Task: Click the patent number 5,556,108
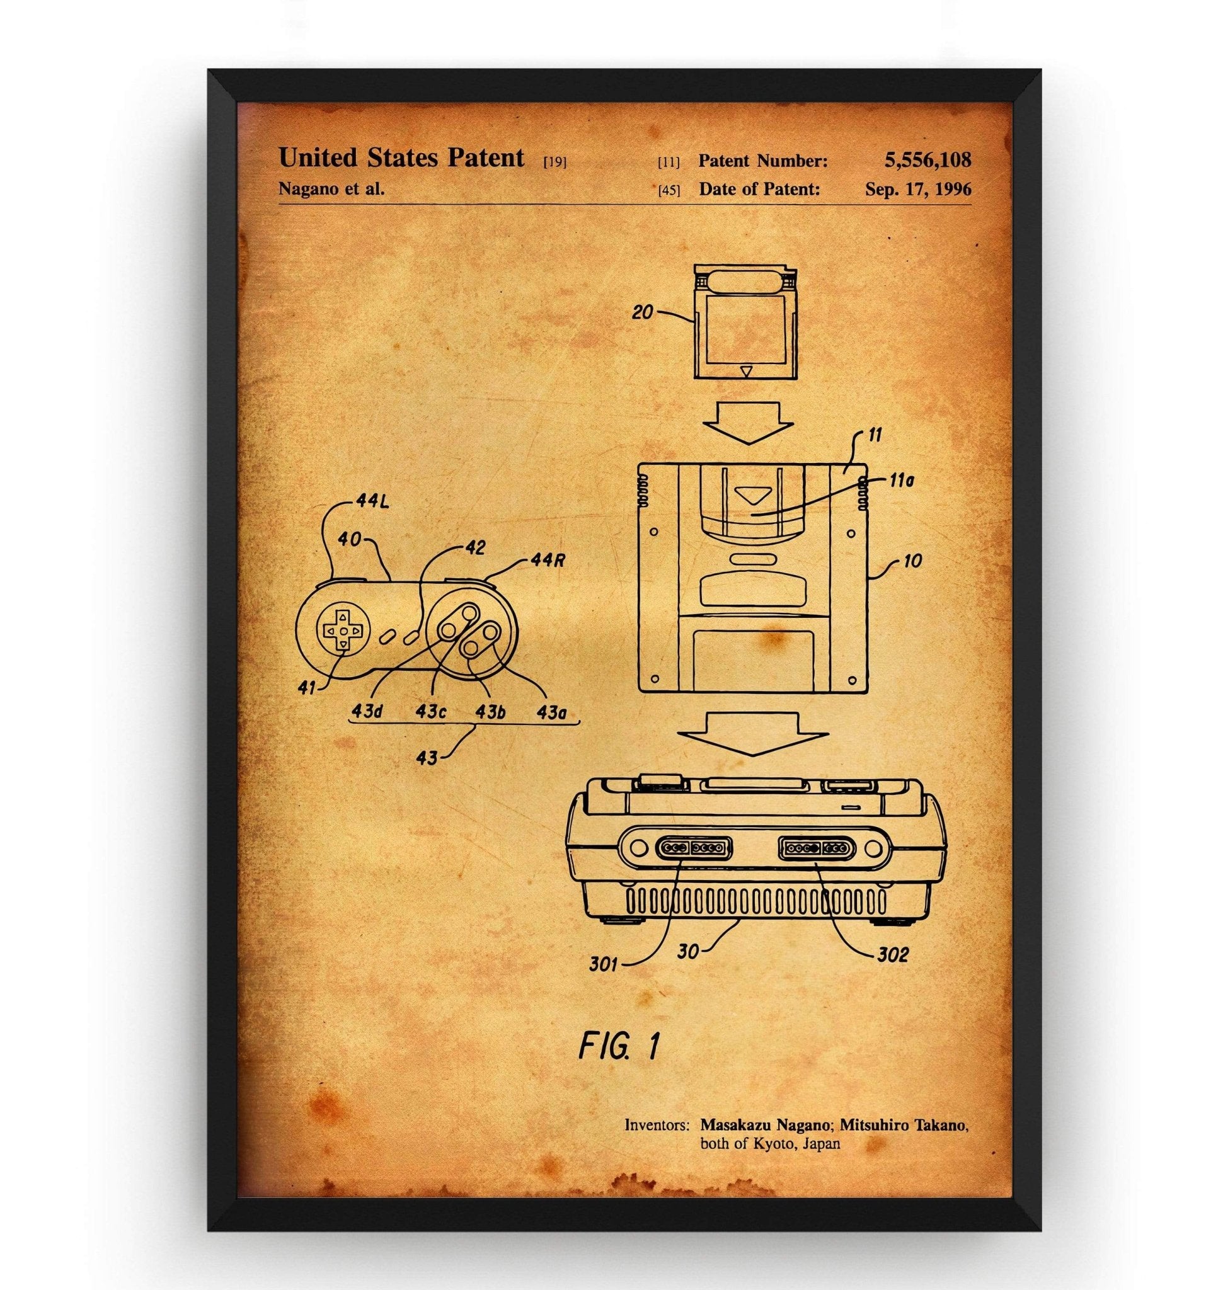pos(927,159)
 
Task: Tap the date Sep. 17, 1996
pos(918,189)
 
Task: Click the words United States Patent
pos(401,157)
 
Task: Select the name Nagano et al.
pos(331,189)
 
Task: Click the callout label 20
pos(642,312)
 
